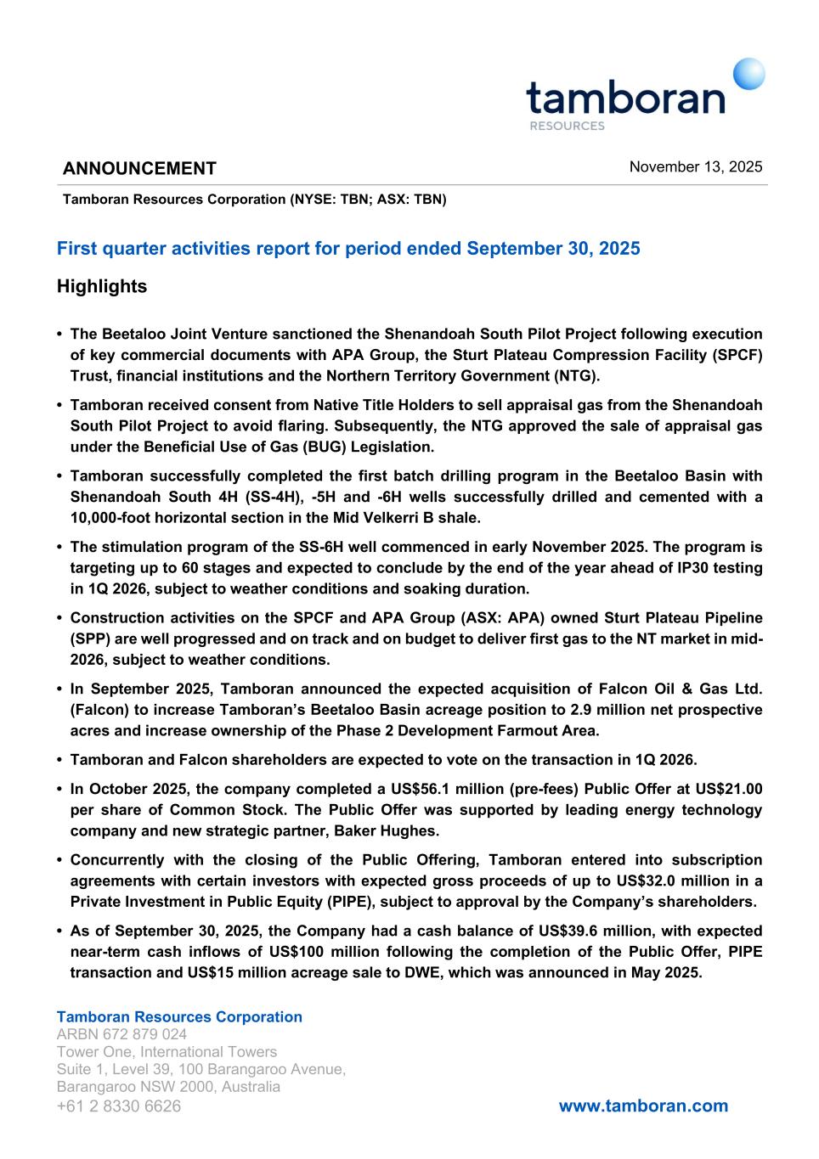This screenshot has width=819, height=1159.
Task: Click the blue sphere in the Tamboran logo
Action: coord(748,74)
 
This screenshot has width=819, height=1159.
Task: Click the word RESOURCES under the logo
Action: coord(567,126)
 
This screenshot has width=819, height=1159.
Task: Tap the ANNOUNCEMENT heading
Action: coord(139,168)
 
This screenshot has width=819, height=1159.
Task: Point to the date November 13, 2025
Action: coord(695,166)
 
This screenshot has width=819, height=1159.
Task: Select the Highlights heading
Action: coord(102,286)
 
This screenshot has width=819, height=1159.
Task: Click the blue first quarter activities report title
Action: coord(348,249)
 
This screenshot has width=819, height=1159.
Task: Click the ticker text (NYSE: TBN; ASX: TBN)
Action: coord(368,200)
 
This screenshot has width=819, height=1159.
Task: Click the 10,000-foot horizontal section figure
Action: coord(127,517)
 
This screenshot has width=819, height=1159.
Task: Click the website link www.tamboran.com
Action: coord(643,1106)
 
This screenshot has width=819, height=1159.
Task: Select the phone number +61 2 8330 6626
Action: coord(118,1106)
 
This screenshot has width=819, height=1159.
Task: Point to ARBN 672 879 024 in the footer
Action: coord(121,1034)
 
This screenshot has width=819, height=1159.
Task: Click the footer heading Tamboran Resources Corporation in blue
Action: coord(179,1016)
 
